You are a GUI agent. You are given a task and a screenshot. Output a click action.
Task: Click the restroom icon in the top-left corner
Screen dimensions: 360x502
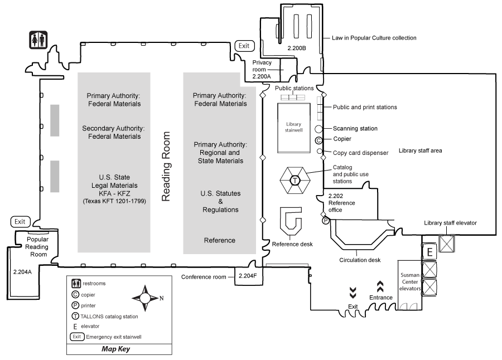coord(38,40)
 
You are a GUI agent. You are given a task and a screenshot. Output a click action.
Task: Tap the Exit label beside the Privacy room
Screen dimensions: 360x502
coord(244,46)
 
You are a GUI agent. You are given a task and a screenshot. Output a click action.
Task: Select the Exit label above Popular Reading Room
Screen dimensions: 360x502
coord(20,221)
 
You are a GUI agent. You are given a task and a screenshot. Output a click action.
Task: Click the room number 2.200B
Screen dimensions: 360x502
coord(297,48)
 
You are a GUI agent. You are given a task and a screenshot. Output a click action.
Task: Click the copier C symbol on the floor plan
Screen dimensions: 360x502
coord(319,140)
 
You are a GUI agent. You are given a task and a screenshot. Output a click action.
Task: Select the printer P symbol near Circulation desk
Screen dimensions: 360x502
coord(326,221)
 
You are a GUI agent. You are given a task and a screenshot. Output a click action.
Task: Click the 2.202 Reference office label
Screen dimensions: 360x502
coord(341,200)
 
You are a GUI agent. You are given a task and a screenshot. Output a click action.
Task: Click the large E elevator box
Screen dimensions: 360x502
coord(429,252)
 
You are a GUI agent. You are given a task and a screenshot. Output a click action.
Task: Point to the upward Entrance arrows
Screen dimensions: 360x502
coord(381,286)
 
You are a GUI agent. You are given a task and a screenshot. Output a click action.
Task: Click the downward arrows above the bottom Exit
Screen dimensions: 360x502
coord(353,293)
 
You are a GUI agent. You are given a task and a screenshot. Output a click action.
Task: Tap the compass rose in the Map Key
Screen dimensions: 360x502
coord(145,298)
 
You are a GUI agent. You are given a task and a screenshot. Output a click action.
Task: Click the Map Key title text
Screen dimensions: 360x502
coord(116,349)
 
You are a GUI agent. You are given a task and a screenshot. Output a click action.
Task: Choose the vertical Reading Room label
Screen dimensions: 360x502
coord(166,166)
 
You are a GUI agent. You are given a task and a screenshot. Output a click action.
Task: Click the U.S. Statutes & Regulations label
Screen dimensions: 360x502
coord(220,201)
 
